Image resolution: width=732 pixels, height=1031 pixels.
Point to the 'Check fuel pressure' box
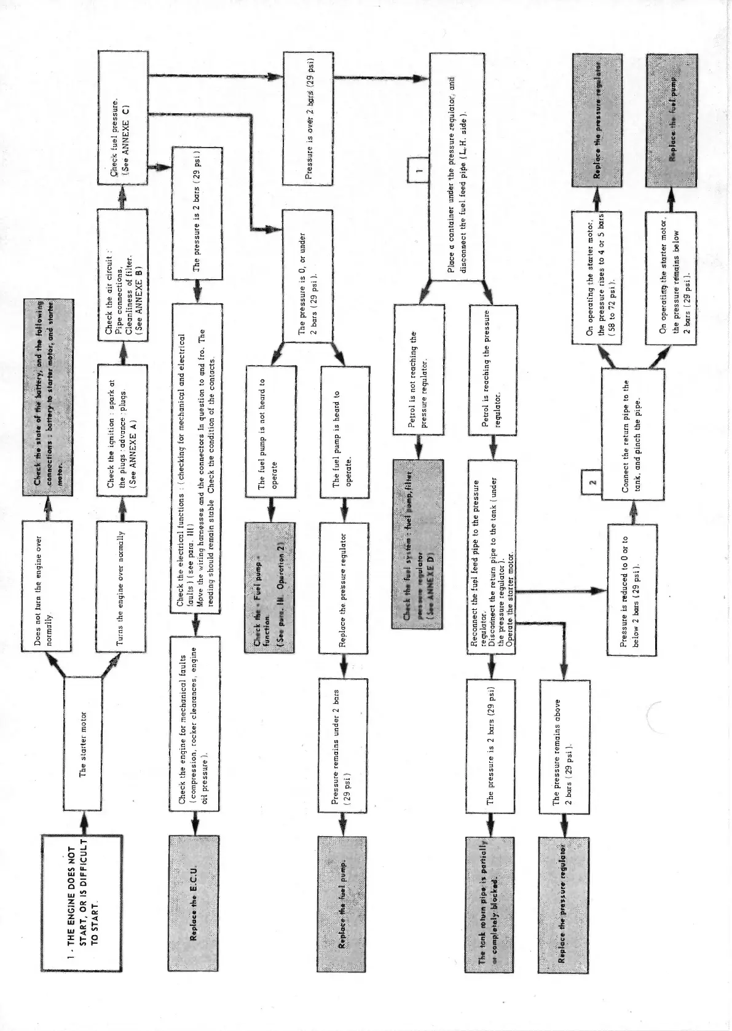coord(124,117)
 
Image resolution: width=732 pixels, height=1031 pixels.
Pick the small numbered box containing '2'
coord(591,482)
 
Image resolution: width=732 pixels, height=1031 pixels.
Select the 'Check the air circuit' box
coord(122,275)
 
